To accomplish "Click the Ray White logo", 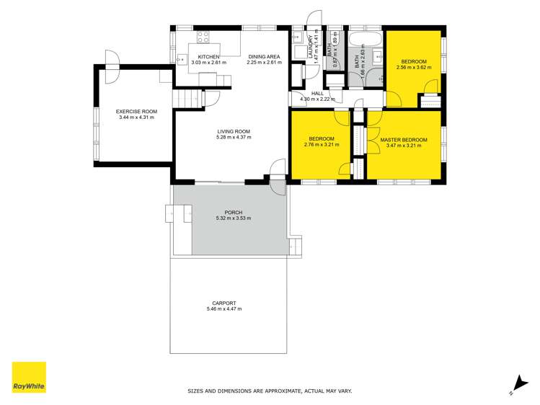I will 29,378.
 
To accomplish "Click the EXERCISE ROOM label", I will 136,111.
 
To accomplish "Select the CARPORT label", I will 223,303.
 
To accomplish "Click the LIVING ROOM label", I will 234,131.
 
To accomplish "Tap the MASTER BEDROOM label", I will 404,139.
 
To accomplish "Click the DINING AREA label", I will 263,56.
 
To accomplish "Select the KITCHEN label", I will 209,56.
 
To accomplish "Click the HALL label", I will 317,94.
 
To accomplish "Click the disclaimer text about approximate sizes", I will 270,391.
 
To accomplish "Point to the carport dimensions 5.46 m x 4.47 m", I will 223,309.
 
